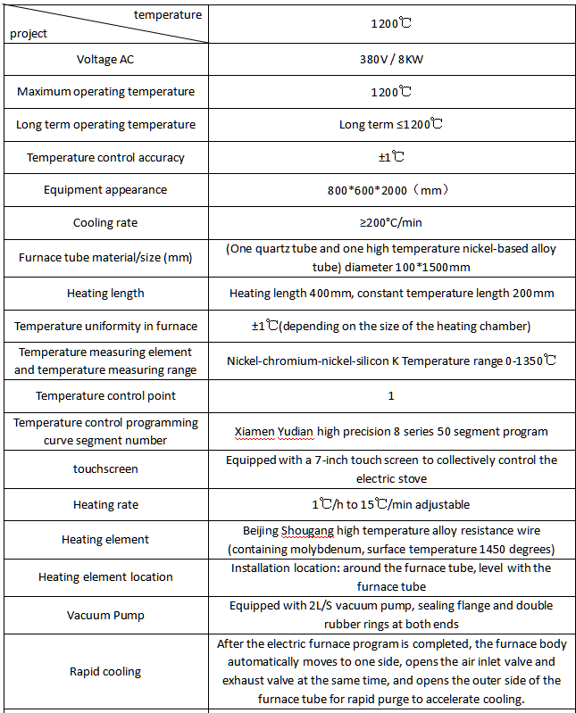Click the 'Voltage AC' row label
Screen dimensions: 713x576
[105, 60]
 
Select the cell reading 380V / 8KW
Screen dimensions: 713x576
[391, 60]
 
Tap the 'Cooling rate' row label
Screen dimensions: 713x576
[105, 223]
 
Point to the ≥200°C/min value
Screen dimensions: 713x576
[391, 223]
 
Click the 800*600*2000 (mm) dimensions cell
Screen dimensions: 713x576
[391, 190]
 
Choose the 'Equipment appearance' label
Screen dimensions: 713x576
[105, 190]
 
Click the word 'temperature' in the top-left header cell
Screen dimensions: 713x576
[168, 15]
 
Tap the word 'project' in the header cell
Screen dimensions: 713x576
[29, 34]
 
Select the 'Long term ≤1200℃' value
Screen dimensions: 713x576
[391, 125]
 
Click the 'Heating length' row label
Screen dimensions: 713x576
[105, 294]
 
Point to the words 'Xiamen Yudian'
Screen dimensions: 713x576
[274, 432]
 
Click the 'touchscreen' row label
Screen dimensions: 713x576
[105, 468]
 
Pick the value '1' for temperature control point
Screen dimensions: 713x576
[391, 395]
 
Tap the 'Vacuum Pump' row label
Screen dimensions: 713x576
[105, 616]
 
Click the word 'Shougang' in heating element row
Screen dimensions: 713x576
[306, 530]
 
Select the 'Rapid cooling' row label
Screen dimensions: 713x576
[105, 672]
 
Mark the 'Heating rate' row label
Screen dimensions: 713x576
[105, 505]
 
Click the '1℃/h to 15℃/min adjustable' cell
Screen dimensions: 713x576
[391, 505]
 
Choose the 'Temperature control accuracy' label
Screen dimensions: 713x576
[105, 158]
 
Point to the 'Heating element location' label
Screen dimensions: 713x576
[105, 577]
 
